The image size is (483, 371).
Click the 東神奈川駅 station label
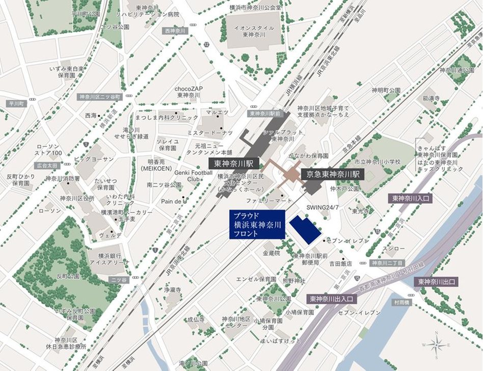[x=234, y=164]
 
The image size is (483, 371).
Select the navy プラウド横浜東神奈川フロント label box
[x=256, y=224]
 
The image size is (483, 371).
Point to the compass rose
[x=437, y=344]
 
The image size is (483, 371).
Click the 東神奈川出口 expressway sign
[x=437, y=281]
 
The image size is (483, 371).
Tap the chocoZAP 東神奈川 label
[x=189, y=92]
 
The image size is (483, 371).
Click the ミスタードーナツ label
[x=209, y=132]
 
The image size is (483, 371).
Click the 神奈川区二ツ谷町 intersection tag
[x=99, y=97]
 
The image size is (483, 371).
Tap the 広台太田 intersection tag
[x=48, y=166]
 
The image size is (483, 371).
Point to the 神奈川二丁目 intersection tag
[x=387, y=263]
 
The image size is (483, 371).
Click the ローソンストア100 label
[x=50, y=150]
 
